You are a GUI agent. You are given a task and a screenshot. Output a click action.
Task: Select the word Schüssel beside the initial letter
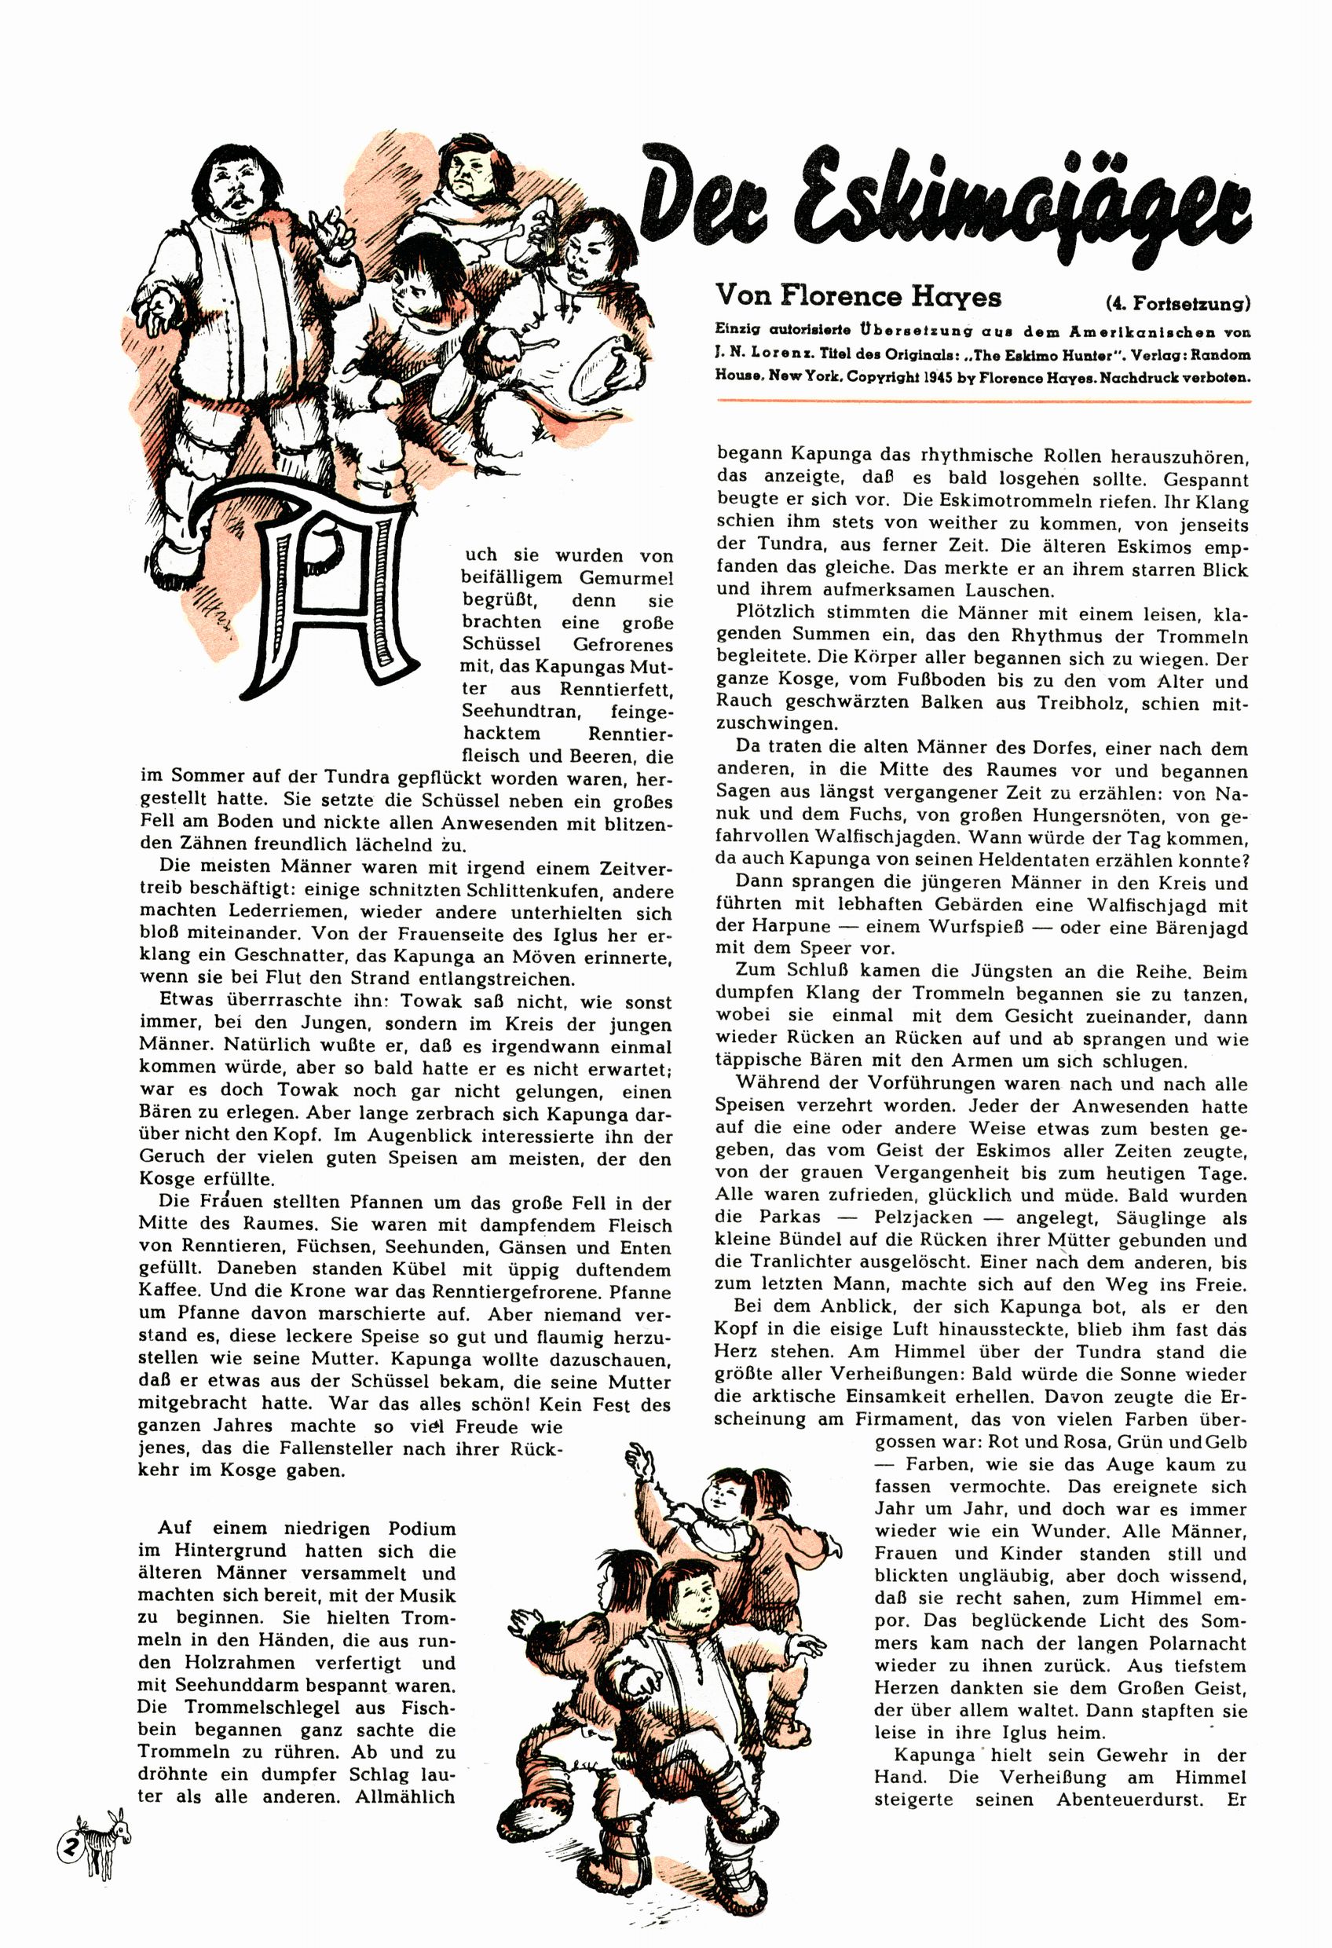pyautogui.click(x=502, y=645)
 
